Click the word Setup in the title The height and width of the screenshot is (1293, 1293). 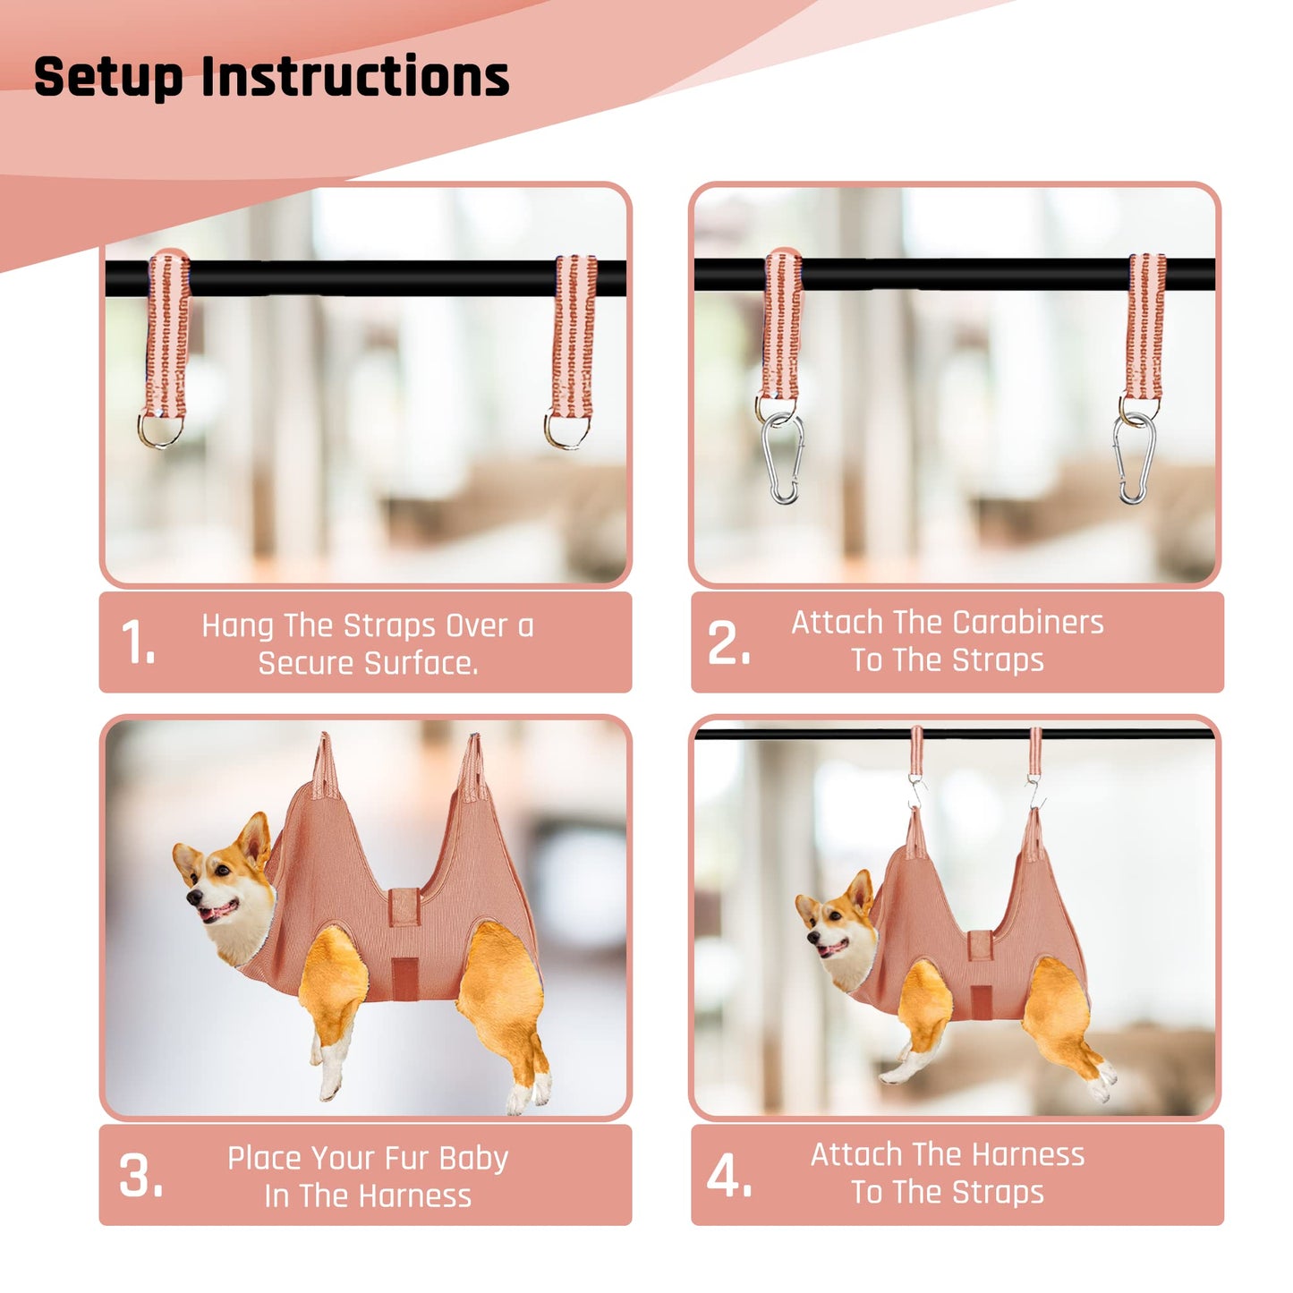(x=108, y=77)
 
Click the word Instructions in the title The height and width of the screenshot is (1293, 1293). (x=355, y=77)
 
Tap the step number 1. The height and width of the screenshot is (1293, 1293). (x=138, y=643)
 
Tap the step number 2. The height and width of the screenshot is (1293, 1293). (x=728, y=643)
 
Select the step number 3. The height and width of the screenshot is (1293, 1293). (x=140, y=1176)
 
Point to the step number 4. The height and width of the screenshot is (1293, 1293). (x=729, y=1176)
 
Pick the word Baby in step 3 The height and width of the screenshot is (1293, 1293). (x=473, y=1159)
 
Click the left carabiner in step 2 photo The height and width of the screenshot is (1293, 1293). (x=783, y=459)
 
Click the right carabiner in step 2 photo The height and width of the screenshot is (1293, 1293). (x=1133, y=459)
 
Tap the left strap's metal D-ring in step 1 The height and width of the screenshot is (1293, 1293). (x=161, y=430)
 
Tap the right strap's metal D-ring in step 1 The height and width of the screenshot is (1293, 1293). (x=566, y=430)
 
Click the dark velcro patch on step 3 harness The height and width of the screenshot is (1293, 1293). (x=404, y=977)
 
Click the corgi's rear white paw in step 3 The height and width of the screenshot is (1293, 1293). (x=523, y=1096)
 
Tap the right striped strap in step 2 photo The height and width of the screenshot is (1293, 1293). (x=1145, y=327)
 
